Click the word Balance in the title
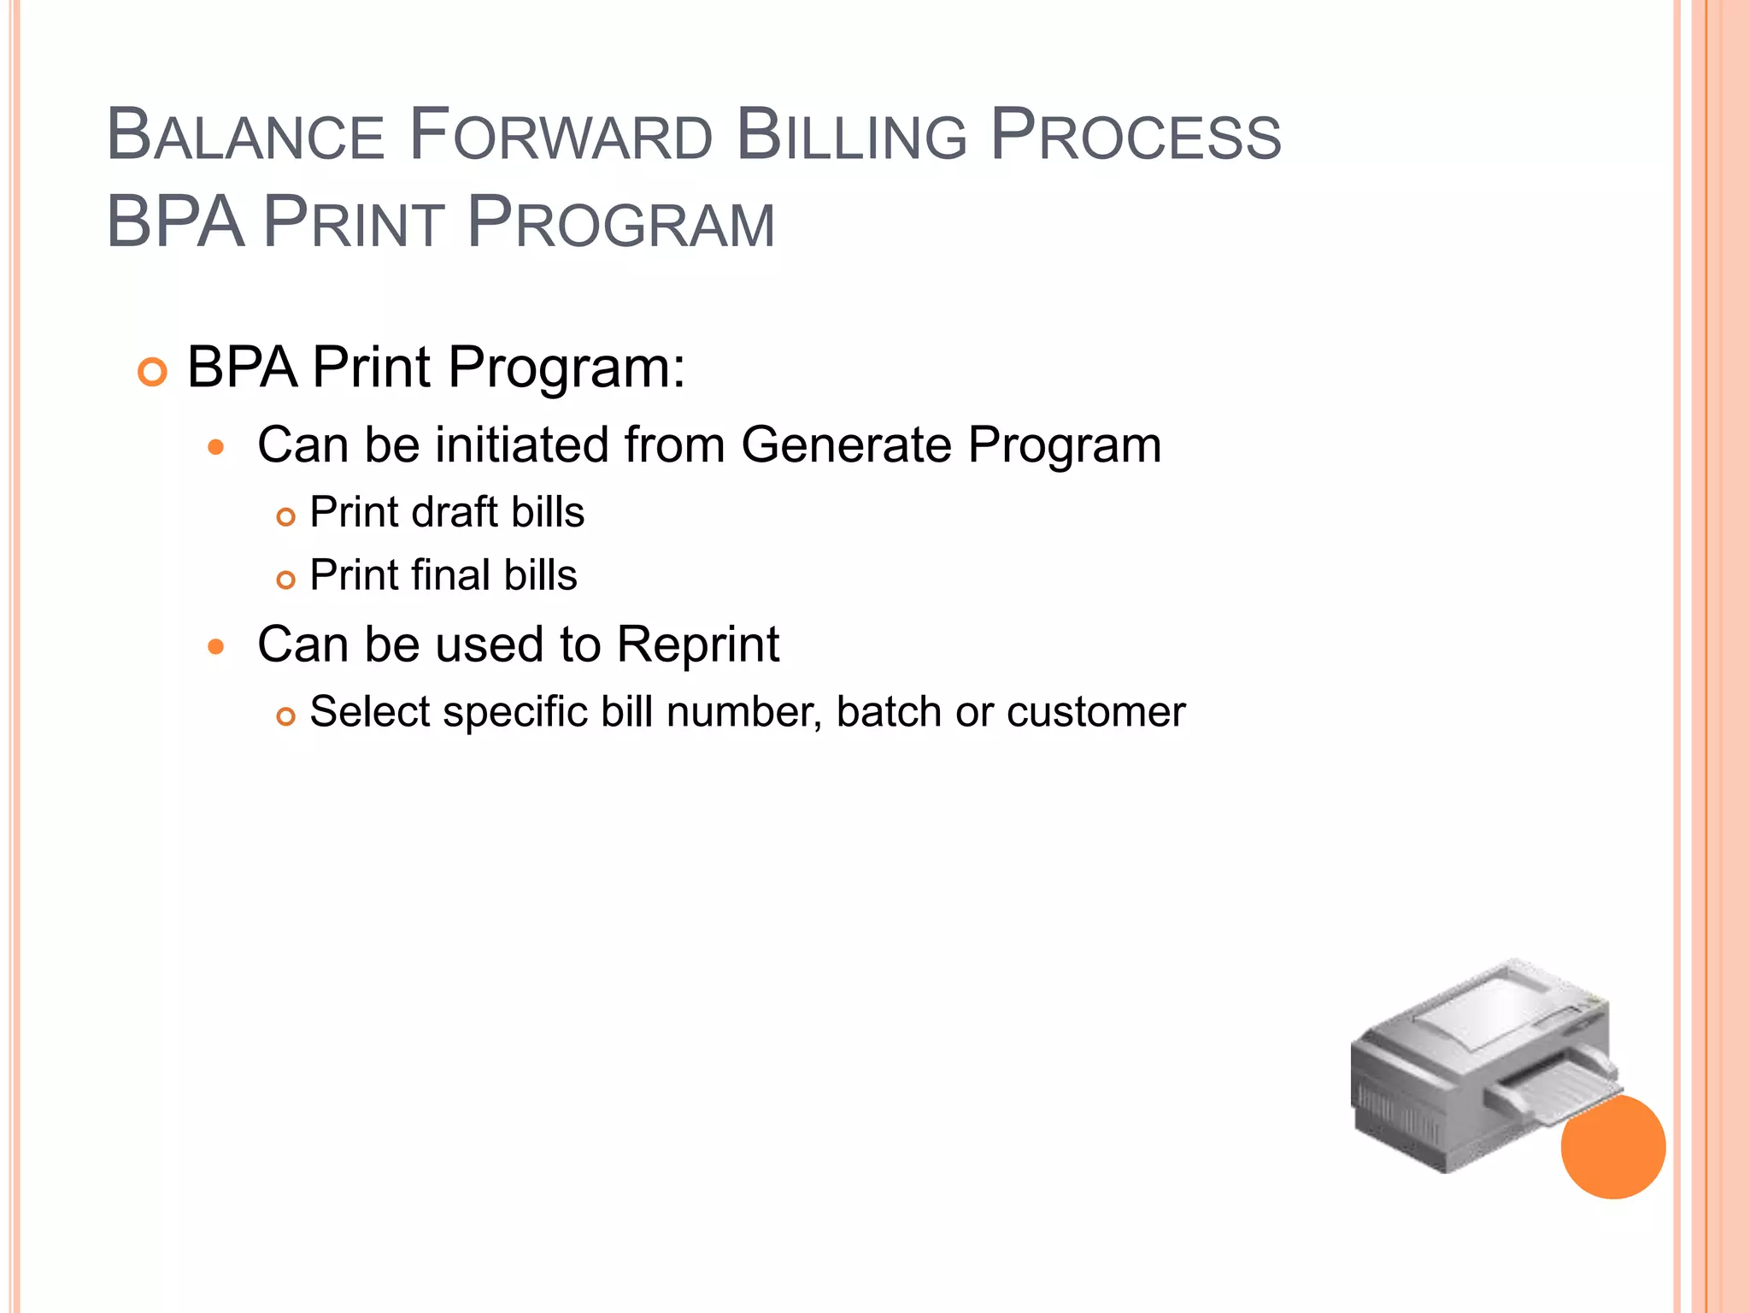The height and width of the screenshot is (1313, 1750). tap(246, 135)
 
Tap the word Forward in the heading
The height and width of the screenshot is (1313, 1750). tap(561, 135)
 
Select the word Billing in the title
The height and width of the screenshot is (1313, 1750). tap(851, 135)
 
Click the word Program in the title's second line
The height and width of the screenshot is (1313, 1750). tap(621, 223)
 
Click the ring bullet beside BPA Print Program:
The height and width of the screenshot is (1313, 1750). tap(152, 373)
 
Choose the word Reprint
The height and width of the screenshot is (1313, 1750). tap(697, 645)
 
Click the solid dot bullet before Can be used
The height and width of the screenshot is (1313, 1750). tap(216, 647)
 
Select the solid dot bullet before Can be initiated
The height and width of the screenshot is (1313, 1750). tap(216, 447)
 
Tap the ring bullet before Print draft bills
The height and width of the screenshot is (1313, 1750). tap(286, 517)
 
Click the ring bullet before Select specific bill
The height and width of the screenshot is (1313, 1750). tap(286, 716)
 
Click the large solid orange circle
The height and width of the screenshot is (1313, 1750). tap(1613, 1147)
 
